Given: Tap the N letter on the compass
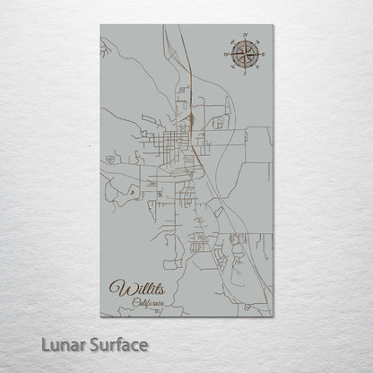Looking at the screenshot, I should tap(242, 38).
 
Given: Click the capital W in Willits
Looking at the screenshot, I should tap(117, 289).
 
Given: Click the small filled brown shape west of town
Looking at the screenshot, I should tap(132, 190).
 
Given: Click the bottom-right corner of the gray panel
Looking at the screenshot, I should tap(272, 317).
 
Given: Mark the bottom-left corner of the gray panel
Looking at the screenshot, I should tap(100, 317).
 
